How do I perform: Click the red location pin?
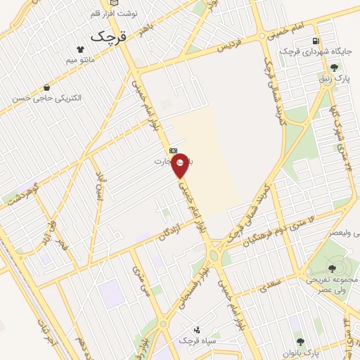pos(181,165)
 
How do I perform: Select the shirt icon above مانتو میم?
pos(82,50)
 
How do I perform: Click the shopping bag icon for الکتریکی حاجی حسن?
pos(46,88)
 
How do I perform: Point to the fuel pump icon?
pos(316,41)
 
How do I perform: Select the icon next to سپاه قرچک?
pos(196,329)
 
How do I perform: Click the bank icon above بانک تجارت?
pos(173,150)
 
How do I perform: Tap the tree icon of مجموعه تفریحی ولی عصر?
pos(332,267)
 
